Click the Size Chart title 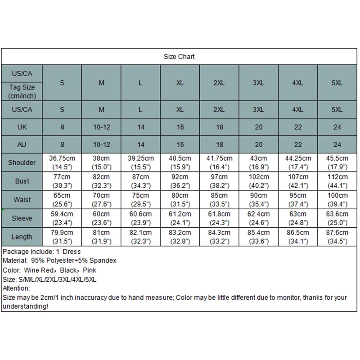(x=179, y=57)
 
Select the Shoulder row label (x=22, y=162)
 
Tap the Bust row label (x=22, y=181)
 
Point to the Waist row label (x=22, y=199)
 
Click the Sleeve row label (x=22, y=218)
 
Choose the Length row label (x=22, y=237)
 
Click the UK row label (x=22, y=127)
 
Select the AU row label (x=22, y=144)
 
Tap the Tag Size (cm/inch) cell (x=22, y=91)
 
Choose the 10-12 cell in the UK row (x=102, y=127)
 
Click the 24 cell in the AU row (x=337, y=144)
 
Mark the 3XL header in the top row (x=258, y=83)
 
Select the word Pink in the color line (x=89, y=270)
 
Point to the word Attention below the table (x=16, y=288)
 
